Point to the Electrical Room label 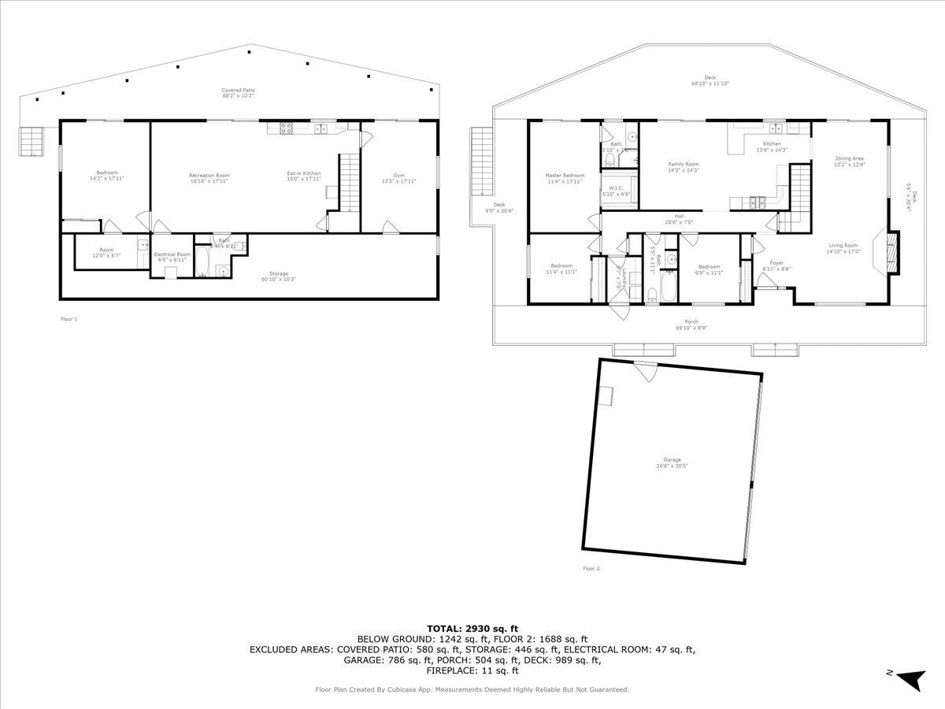(172, 257)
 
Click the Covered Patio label (238, 93)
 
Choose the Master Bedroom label (565, 178)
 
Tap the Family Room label (683, 167)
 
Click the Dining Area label (850, 161)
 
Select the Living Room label (844, 249)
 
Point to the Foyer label (776, 266)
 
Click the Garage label (672, 462)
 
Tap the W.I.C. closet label (616, 191)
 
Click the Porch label (691, 325)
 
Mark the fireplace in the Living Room (891, 252)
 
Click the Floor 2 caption (591, 568)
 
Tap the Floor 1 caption (69, 319)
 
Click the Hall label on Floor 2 (678, 219)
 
